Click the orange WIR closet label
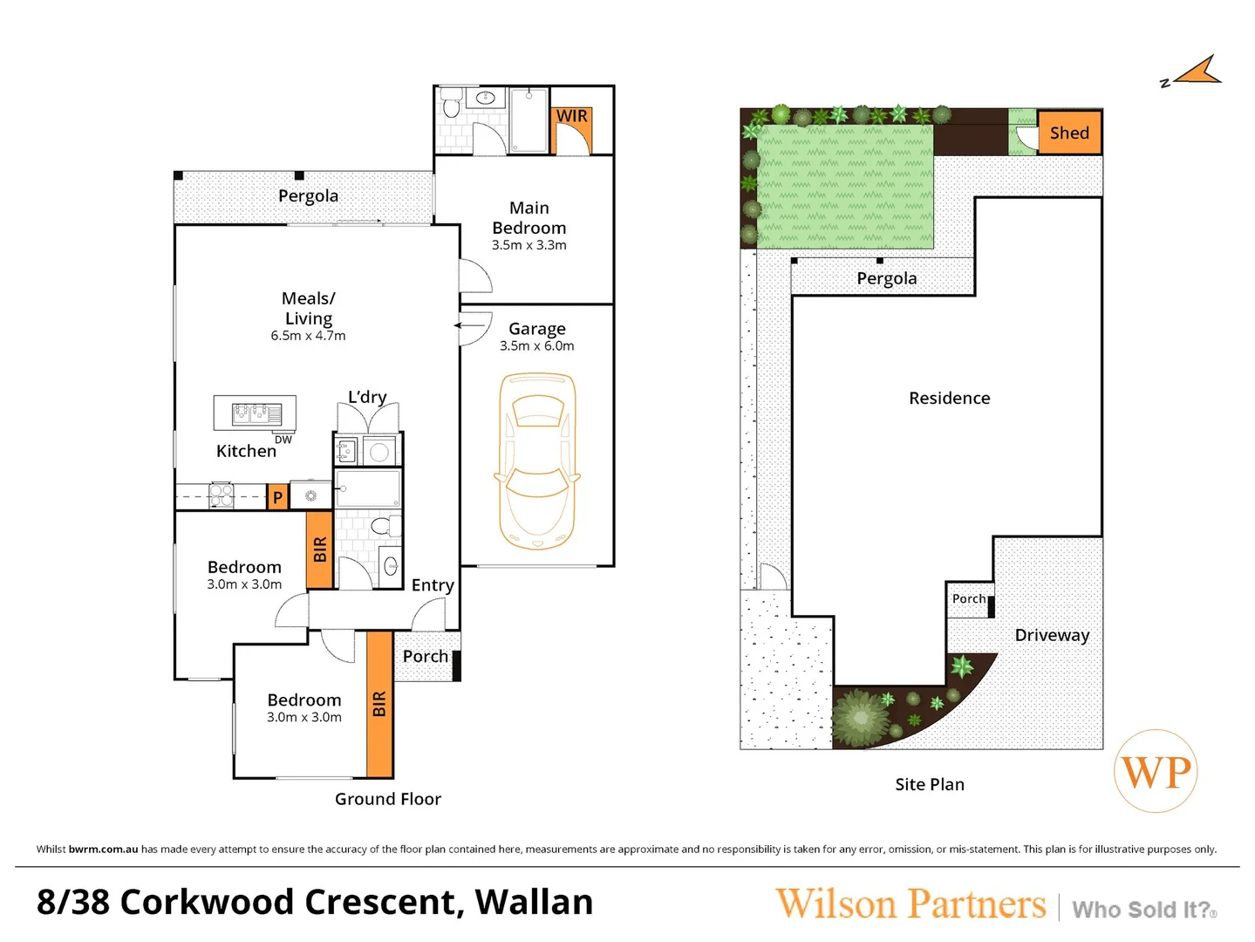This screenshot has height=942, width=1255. point(571,115)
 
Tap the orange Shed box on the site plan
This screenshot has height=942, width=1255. point(1069,133)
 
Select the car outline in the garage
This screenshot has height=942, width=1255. point(537,461)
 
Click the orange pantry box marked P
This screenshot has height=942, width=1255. point(277,496)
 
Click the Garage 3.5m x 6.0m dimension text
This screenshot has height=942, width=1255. point(537,345)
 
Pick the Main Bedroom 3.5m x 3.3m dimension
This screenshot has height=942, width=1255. point(529,245)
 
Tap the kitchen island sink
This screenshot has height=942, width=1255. point(256,413)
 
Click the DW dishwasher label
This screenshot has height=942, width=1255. point(283,440)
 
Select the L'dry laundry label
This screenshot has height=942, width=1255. point(367,397)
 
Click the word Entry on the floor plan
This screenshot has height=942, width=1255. point(433,585)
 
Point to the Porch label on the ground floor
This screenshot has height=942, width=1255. point(426,656)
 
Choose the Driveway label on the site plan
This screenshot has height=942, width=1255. point(1052,636)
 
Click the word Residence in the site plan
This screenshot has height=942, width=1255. point(949,398)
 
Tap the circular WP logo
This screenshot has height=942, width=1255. point(1156,771)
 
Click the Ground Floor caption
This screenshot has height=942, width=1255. point(387,799)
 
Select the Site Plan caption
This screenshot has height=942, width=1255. point(930,784)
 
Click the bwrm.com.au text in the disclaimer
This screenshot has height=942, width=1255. point(103,850)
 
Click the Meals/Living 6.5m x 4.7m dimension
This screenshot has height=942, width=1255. point(308,336)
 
